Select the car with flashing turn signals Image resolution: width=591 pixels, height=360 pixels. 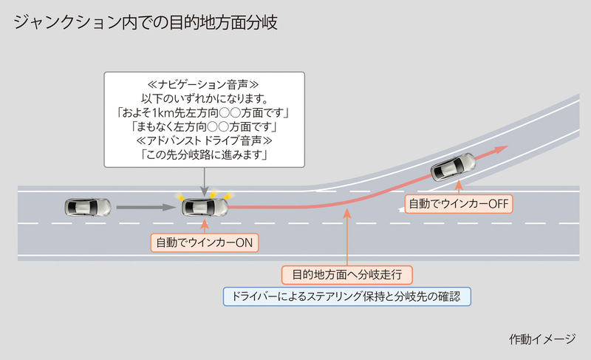point(204,206)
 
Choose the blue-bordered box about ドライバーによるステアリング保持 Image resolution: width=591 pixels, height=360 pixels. point(346,296)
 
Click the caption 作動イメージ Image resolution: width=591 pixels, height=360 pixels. point(542,339)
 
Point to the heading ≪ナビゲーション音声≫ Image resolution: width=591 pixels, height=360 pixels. point(204,84)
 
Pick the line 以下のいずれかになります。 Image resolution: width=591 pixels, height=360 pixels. point(204,98)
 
